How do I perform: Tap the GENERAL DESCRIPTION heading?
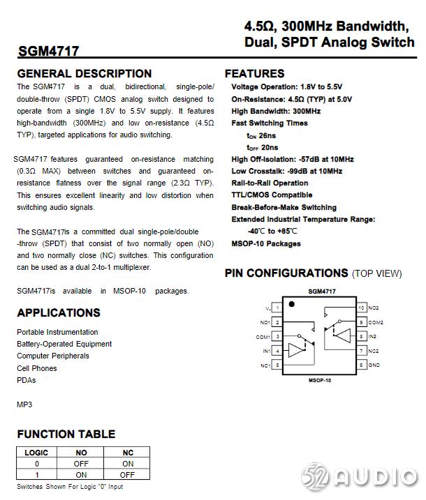pos(84,73)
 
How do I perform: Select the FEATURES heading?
pos(254,73)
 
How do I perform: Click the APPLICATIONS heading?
pos(59,312)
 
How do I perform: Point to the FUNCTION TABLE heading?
pos(66,434)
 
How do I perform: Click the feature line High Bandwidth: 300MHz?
pos(276,111)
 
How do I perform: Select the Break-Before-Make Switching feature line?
pos(284,207)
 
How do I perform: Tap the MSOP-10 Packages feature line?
pos(266,243)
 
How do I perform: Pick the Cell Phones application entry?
pos(37,368)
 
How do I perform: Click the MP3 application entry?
pos(24,404)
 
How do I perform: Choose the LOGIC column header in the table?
pos(36,453)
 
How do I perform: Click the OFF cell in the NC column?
pos(128,475)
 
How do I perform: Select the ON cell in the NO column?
pos(82,475)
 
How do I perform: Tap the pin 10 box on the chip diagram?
pos(361,308)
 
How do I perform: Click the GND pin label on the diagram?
pos(374,365)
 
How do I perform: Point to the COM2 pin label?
pos(376,322)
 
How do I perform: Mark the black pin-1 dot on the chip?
pos(292,304)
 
